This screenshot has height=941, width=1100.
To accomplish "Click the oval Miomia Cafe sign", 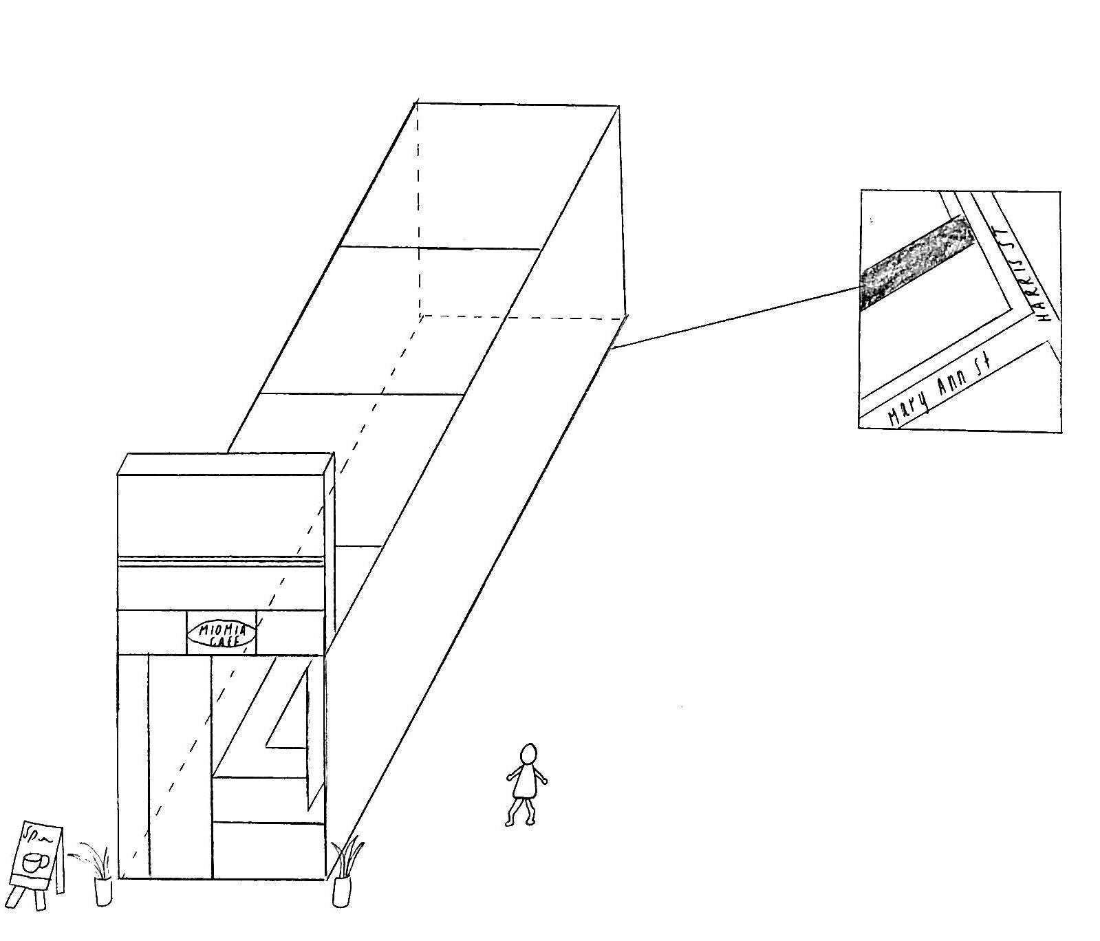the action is (x=222, y=634).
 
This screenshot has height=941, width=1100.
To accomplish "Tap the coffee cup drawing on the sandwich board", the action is (x=34, y=863).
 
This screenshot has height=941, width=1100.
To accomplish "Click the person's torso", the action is (x=527, y=781).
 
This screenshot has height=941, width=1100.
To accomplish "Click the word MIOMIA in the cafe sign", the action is (x=222, y=628).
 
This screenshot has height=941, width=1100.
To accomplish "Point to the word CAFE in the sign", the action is (x=222, y=641).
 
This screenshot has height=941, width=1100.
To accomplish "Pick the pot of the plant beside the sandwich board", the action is (x=103, y=891).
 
